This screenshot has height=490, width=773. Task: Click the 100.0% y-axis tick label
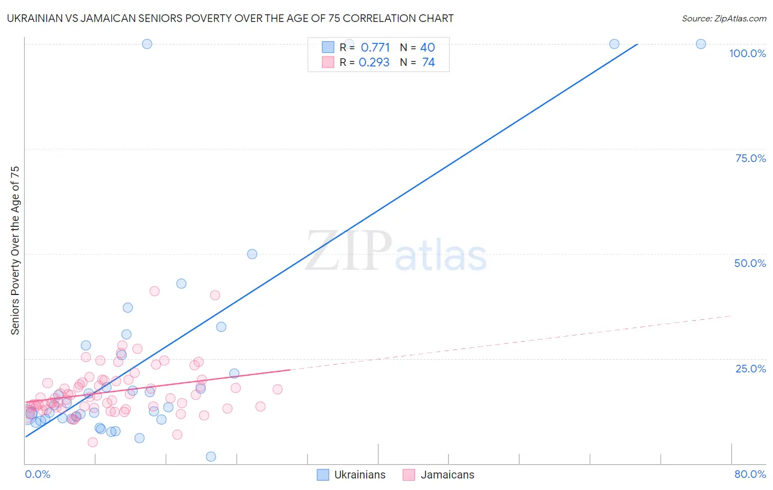click(747, 53)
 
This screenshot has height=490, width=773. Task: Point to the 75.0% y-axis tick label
click(750, 158)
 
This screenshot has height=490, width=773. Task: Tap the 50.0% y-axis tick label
click(750, 263)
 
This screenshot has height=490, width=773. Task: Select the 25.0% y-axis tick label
click(750, 369)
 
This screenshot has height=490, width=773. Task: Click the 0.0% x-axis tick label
click(37, 474)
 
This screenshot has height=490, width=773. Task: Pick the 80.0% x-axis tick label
click(750, 474)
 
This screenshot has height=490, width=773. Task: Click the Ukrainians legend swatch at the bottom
click(323, 475)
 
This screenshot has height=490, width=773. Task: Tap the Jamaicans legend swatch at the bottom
click(409, 475)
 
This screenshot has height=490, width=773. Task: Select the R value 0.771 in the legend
click(375, 48)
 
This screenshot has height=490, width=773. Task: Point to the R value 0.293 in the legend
click(374, 63)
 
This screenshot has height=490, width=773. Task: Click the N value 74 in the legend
click(428, 63)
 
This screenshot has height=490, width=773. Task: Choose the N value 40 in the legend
click(427, 48)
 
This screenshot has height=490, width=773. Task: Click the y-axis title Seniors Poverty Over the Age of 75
click(15, 250)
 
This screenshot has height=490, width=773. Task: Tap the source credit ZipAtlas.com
click(724, 19)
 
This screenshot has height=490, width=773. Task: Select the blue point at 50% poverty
click(252, 254)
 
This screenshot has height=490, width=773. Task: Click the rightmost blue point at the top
click(700, 44)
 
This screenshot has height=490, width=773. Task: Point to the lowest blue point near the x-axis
click(211, 456)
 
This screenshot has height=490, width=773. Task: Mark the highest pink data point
click(154, 291)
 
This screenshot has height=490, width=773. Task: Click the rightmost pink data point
click(278, 389)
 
